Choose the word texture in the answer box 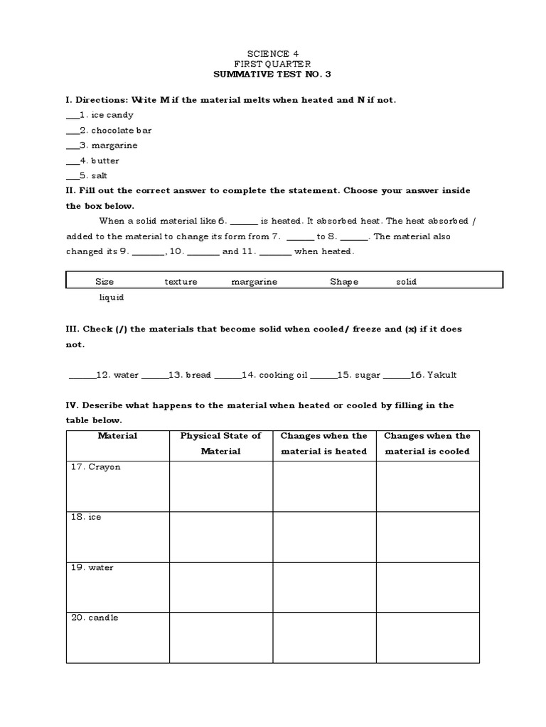(181, 282)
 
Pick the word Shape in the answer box (343, 282)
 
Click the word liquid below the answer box (111, 297)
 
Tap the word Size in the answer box (105, 282)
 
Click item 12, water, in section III (117, 375)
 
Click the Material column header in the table (117, 436)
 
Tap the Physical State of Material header (220, 443)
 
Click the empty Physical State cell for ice (220, 537)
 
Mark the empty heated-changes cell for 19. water (324, 587)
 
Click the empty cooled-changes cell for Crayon (427, 486)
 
